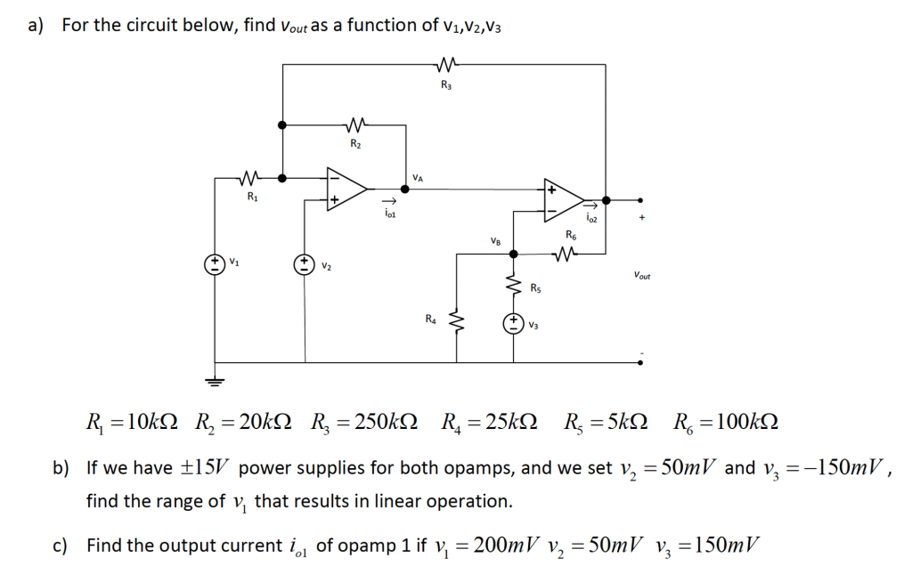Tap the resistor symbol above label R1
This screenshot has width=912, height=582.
pos(251,177)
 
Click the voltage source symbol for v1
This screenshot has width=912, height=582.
pos(215,263)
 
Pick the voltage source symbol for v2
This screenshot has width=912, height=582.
pos(305,263)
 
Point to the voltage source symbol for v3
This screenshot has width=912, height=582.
pos(513,324)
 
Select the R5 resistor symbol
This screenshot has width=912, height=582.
pos(513,287)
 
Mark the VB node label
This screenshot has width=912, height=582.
pos(495,241)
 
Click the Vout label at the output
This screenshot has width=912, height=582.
pos(641,277)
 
